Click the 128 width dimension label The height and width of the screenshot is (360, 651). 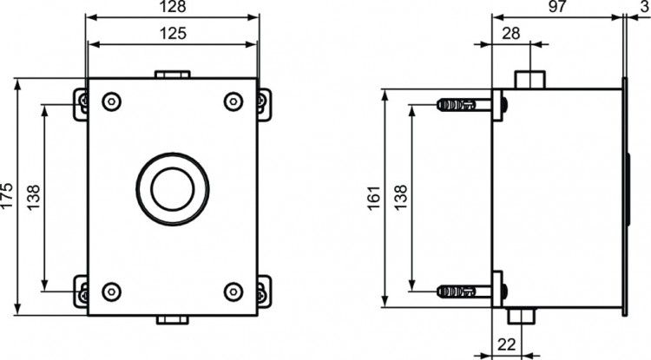pos(173,8)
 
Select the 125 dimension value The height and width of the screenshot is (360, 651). pos(173,36)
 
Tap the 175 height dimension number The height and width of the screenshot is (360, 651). pos(8,198)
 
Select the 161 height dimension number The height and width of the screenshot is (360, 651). pos(375,198)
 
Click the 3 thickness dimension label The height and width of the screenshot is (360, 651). pos(641,7)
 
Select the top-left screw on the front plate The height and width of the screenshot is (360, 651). pos(111,101)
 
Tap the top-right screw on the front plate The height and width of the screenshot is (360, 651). pos(233,101)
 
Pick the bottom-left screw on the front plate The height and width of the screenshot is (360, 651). pos(111,291)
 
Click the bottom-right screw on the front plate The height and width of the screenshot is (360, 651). pos(233,291)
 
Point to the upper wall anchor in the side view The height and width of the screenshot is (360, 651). pos(460,105)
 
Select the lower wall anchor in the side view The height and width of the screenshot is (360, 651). pos(460,291)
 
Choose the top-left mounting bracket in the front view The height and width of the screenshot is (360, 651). pos(82,102)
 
